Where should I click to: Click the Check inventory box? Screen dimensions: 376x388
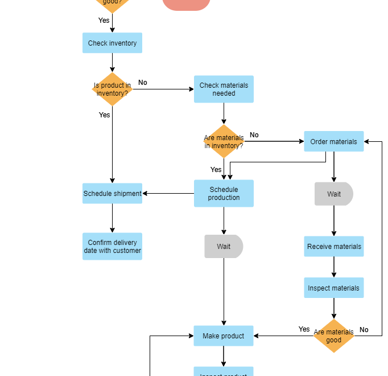(x=112, y=43)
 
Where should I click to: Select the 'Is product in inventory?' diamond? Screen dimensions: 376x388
(x=112, y=89)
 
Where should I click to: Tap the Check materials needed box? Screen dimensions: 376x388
(x=224, y=89)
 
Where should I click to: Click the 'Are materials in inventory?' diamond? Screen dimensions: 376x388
(x=224, y=142)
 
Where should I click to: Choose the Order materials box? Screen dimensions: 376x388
(x=333, y=142)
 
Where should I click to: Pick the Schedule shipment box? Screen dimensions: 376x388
(x=112, y=194)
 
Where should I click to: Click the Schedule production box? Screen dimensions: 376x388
(x=224, y=194)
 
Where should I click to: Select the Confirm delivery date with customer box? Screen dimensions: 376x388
(x=112, y=247)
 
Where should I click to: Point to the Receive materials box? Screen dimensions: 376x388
(x=333, y=247)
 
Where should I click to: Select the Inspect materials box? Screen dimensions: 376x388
(x=333, y=288)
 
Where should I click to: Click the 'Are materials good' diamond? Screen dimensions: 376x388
(x=333, y=336)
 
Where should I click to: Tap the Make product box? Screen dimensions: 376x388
(x=224, y=336)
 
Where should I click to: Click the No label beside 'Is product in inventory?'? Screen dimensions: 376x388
(x=143, y=83)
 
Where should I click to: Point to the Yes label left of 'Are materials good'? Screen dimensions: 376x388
(x=304, y=329)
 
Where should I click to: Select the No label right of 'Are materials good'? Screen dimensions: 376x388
(x=364, y=330)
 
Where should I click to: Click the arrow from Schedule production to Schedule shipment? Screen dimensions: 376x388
(x=168, y=194)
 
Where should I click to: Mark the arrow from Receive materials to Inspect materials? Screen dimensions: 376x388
(x=334, y=267)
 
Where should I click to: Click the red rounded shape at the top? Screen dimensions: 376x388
(x=187, y=4)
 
